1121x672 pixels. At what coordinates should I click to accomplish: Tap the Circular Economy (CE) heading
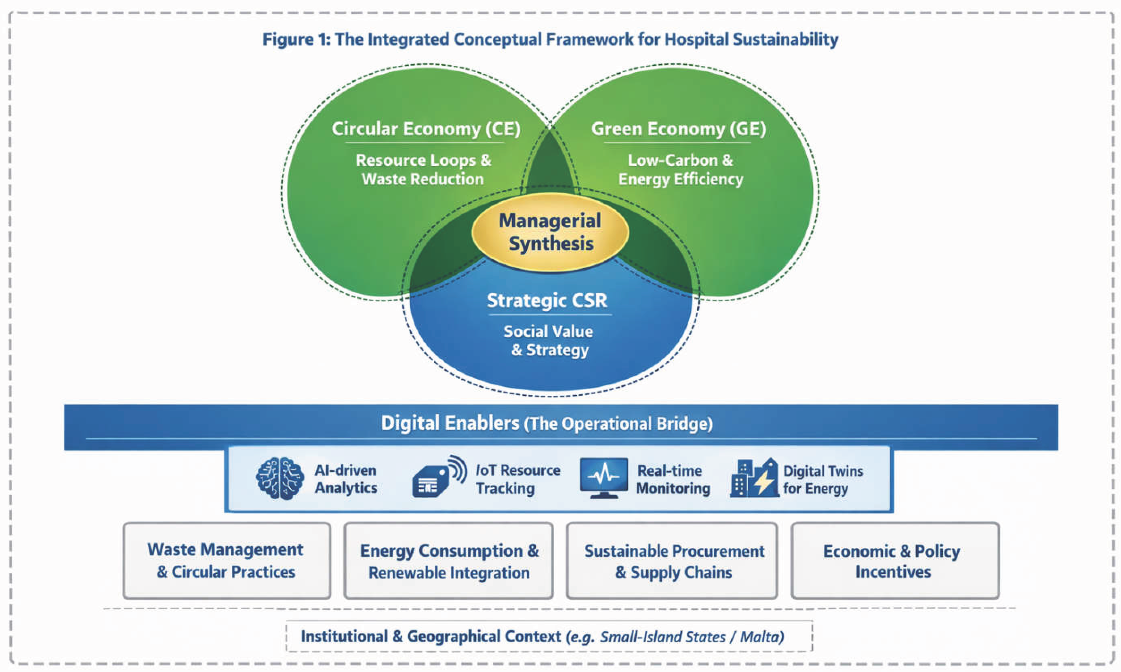tap(426, 129)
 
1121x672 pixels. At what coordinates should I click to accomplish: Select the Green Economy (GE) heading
tap(678, 129)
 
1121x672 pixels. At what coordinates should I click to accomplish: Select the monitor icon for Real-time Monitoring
tap(604, 478)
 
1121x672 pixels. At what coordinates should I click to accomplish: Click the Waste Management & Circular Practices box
tap(227, 561)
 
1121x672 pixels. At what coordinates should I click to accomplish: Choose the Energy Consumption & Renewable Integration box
tap(448, 561)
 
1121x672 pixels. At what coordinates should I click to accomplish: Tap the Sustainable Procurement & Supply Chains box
tap(672, 561)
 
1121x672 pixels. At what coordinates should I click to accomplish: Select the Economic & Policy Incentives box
tap(895, 561)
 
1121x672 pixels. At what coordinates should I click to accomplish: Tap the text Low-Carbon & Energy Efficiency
tap(680, 170)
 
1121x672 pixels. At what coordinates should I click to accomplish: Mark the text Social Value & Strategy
tap(548, 340)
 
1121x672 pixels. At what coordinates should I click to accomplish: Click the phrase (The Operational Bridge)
tap(618, 424)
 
